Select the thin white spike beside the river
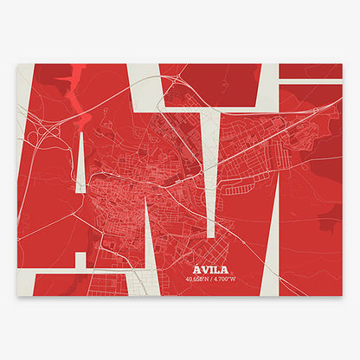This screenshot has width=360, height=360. click(x=80, y=164)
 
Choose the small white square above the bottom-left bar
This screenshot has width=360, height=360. click(x=80, y=259)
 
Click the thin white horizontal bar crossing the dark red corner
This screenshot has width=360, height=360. click(x=312, y=81)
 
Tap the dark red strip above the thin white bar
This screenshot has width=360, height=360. click(x=312, y=71)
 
